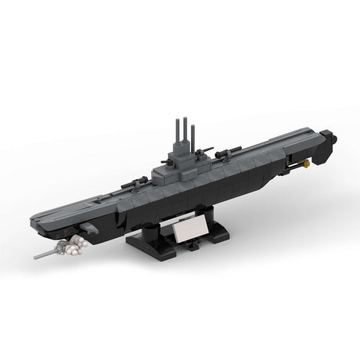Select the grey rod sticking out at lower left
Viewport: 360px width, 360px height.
tap(48, 254)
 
